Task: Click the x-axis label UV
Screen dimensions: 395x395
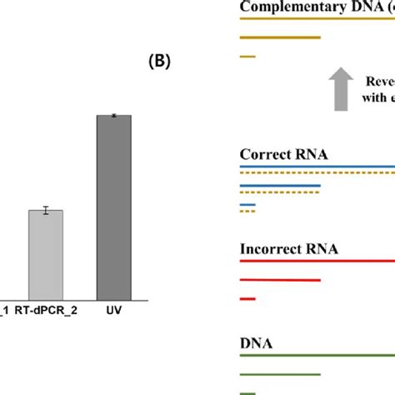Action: click(113, 308)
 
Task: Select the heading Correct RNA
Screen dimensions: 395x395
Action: click(283, 154)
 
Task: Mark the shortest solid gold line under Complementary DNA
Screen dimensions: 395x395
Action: click(247, 57)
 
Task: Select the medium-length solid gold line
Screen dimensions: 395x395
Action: click(280, 37)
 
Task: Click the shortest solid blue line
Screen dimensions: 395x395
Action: click(247, 204)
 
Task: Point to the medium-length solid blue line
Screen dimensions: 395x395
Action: click(280, 185)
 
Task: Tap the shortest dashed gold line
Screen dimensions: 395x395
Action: click(247, 211)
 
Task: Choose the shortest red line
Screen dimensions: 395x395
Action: click(247, 298)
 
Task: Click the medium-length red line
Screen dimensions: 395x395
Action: click(280, 280)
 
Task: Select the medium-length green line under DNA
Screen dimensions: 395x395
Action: click(280, 374)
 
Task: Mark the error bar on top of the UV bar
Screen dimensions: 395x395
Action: click(114, 116)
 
